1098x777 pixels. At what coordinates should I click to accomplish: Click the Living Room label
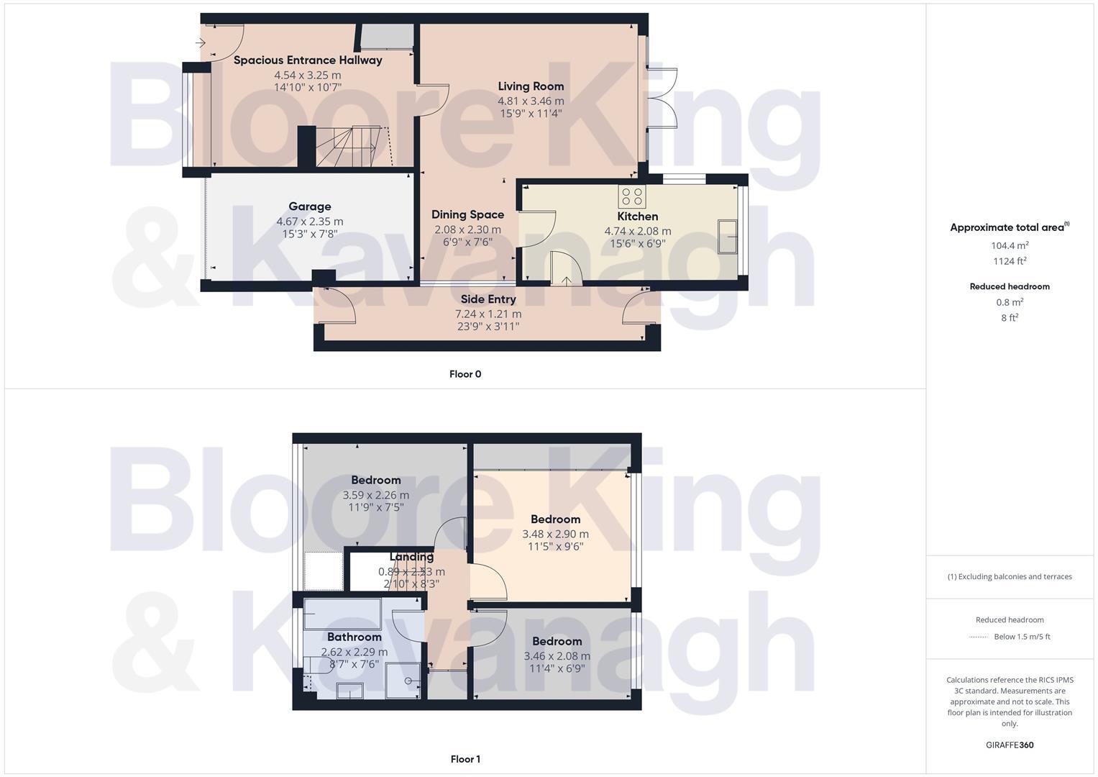click(x=531, y=86)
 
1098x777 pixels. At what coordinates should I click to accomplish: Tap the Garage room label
click(x=310, y=206)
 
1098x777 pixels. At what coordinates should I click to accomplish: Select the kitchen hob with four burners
click(x=632, y=196)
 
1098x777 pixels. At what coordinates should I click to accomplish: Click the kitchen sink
click(x=728, y=237)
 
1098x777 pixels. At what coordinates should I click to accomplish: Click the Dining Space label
click(x=467, y=214)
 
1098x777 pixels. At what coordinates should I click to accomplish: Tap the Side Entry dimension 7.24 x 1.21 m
click(x=488, y=314)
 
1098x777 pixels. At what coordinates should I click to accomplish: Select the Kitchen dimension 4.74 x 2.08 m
click(x=637, y=231)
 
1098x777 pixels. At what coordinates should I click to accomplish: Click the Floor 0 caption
click(x=465, y=374)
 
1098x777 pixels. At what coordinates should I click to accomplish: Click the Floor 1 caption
click(x=465, y=759)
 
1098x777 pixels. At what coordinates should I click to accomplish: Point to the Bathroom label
click(x=354, y=637)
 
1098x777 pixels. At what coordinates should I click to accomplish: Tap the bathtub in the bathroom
click(x=342, y=614)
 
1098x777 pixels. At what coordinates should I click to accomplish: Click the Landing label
click(x=411, y=557)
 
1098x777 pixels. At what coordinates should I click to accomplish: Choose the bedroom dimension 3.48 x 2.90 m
click(x=555, y=534)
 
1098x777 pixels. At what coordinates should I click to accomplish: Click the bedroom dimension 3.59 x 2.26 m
click(x=375, y=495)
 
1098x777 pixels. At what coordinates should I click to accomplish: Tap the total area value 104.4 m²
click(x=1010, y=245)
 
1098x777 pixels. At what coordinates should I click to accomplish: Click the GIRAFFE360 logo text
click(x=1010, y=745)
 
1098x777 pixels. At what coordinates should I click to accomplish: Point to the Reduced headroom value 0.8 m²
click(x=1010, y=302)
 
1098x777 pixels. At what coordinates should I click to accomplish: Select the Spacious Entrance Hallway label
click(x=308, y=60)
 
